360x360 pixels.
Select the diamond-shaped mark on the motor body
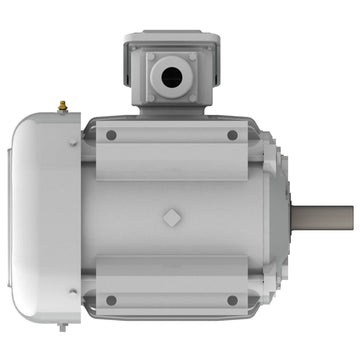[172, 218]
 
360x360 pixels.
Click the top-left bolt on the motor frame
[111, 135]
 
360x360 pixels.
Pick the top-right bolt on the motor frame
[232, 135]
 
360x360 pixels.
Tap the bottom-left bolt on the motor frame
[111, 299]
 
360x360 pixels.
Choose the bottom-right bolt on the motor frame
[232, 299]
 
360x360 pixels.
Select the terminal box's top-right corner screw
[191, 57]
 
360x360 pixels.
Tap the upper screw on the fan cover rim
[73, 142]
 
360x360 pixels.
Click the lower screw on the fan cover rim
[73, 292]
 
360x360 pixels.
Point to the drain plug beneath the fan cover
[62, 326]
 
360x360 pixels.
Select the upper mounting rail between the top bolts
[172, 135]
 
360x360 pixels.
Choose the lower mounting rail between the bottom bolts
[172, 298]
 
